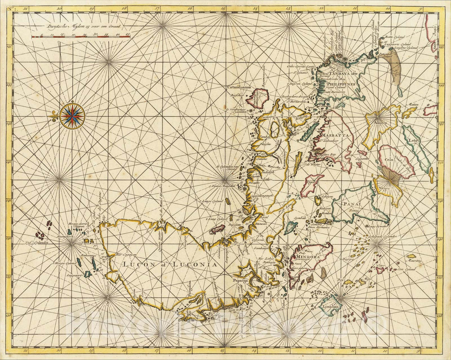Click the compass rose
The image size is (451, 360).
tap(72, 116)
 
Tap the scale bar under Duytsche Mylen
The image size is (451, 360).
tap(81, 36)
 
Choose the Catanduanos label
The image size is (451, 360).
tap(239, 87)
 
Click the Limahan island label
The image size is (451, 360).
tap(330, 307)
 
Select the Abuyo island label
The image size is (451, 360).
tap(380, 122)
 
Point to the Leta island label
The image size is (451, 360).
tap(412, 140)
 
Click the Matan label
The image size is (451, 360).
tap(412, 105)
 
